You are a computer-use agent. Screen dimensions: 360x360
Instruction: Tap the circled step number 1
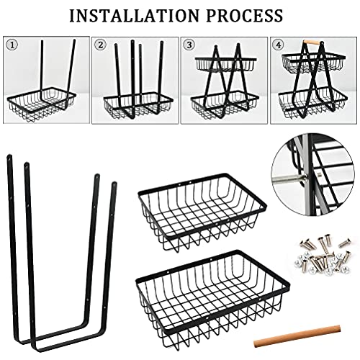[x=11, y=43]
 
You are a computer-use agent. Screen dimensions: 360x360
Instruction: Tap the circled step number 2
[x=99, y=43]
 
